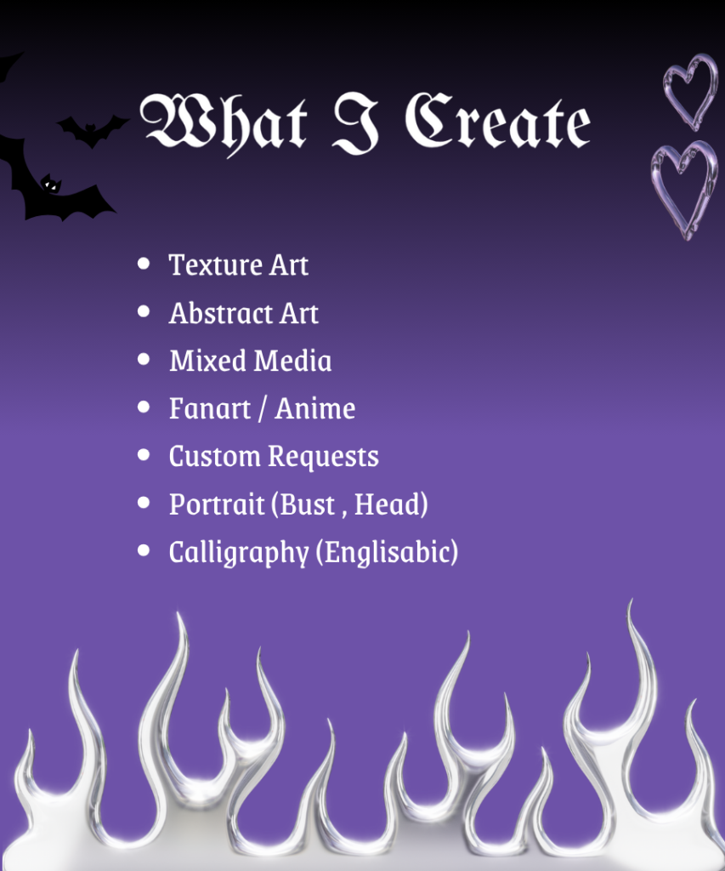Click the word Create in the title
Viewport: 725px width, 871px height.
coord(497,121)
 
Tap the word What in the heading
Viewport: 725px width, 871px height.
coord(224,123)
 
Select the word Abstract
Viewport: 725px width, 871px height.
coord(220,313)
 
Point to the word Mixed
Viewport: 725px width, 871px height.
coord(207,361)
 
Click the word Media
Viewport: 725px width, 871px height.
coord(292,361)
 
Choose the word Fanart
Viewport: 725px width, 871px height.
coord(210,408)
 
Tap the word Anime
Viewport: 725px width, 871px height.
coord(314,408)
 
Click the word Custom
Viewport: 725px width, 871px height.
coord(215,456)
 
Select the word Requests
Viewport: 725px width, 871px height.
coord(323,457)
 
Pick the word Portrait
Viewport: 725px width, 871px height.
coord(217,504)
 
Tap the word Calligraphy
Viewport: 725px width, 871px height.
coord(239,553)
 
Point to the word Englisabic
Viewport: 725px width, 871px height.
coord(388,553)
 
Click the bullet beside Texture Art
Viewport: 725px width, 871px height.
coord(144,264)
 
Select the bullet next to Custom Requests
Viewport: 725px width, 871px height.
coord(144,455)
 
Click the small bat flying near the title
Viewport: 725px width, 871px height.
coord(92,129)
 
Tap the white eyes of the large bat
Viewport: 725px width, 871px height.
coord(50,185)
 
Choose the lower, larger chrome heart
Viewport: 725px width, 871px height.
coord(684,189)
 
